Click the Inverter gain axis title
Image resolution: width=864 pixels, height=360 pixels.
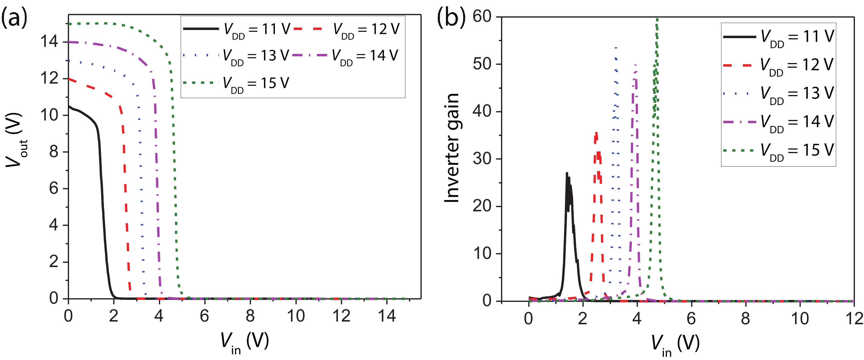click(x=451, y=148)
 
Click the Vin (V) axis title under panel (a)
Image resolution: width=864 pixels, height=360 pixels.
click(x=245, y=342)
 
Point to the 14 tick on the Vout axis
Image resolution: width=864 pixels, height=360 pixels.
click(x=49, y=42)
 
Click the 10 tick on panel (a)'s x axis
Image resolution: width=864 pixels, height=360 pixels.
click(x=296, y=316)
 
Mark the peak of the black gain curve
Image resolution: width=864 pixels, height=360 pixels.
click(x=567, y=173)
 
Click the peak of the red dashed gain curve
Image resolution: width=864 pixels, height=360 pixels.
click(x=596, y=133)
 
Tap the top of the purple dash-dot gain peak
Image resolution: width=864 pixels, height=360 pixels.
click(x=635, y=64)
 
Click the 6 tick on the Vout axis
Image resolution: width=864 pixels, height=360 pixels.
click(x=54, y=189)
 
